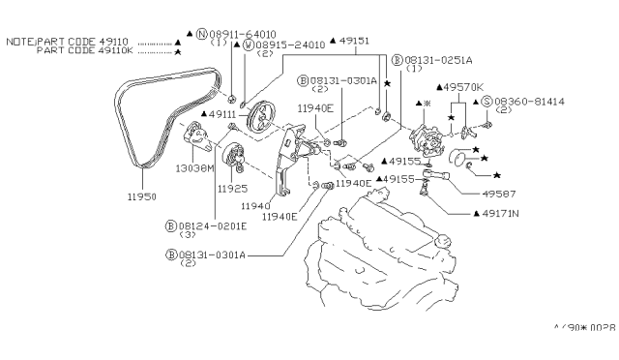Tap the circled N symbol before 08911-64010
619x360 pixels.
pyautogui.click(x=202, y=34)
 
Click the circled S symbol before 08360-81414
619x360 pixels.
pyautogui.click(x=486, y=101)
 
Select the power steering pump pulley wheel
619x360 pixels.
pyautogui.click(x=261, y=123)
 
